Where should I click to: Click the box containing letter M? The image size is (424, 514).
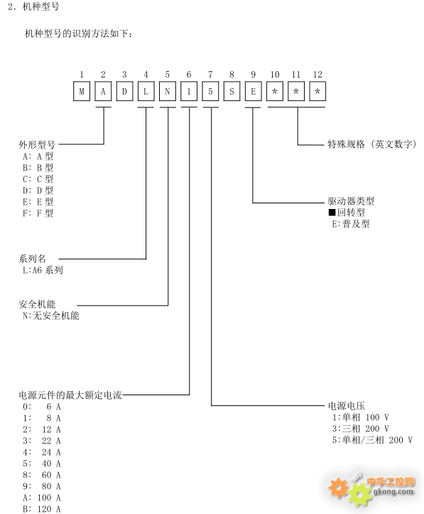[82, 91]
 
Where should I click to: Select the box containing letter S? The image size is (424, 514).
[232, 91]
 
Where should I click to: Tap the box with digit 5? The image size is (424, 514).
[210, 91]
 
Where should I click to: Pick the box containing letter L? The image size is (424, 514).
[146, 91]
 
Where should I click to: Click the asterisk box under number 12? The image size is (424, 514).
[317, 91]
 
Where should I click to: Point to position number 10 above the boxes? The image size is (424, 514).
[275, 75]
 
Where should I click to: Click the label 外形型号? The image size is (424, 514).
[37, 144]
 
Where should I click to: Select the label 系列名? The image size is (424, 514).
[32, 259]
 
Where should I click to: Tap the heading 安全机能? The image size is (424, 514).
[37, 304]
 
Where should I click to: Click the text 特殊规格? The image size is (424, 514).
[347, 144]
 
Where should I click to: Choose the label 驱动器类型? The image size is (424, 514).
[351, 201]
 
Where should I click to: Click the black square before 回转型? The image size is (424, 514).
[332, 213]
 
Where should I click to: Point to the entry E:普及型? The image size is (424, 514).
[351, 224]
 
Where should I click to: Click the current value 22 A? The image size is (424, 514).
[51, 441]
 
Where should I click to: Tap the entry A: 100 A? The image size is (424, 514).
[42, 498]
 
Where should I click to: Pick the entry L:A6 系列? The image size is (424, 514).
[43, 270]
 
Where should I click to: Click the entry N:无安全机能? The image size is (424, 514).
[50, 316]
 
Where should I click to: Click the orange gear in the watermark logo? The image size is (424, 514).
[338, 488]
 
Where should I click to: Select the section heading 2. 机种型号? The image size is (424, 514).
[33, 6]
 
